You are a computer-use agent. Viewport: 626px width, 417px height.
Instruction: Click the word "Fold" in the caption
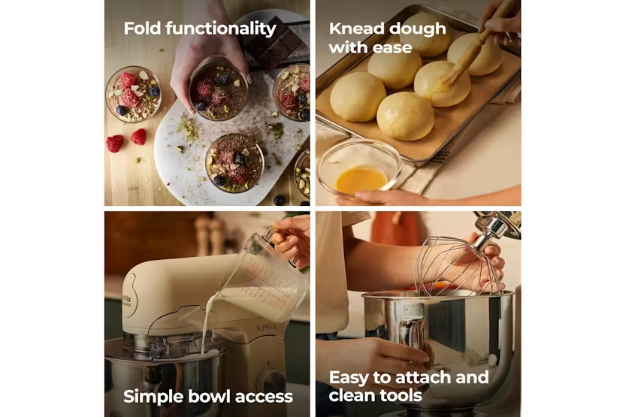(142, 29)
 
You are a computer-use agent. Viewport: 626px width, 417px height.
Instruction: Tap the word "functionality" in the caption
(221, 29)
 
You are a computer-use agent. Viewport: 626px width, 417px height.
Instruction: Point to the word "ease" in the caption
(394, 48)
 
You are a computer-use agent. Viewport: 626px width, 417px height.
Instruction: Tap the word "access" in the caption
(264, 397)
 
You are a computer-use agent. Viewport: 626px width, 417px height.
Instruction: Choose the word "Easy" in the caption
(349, 377)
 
